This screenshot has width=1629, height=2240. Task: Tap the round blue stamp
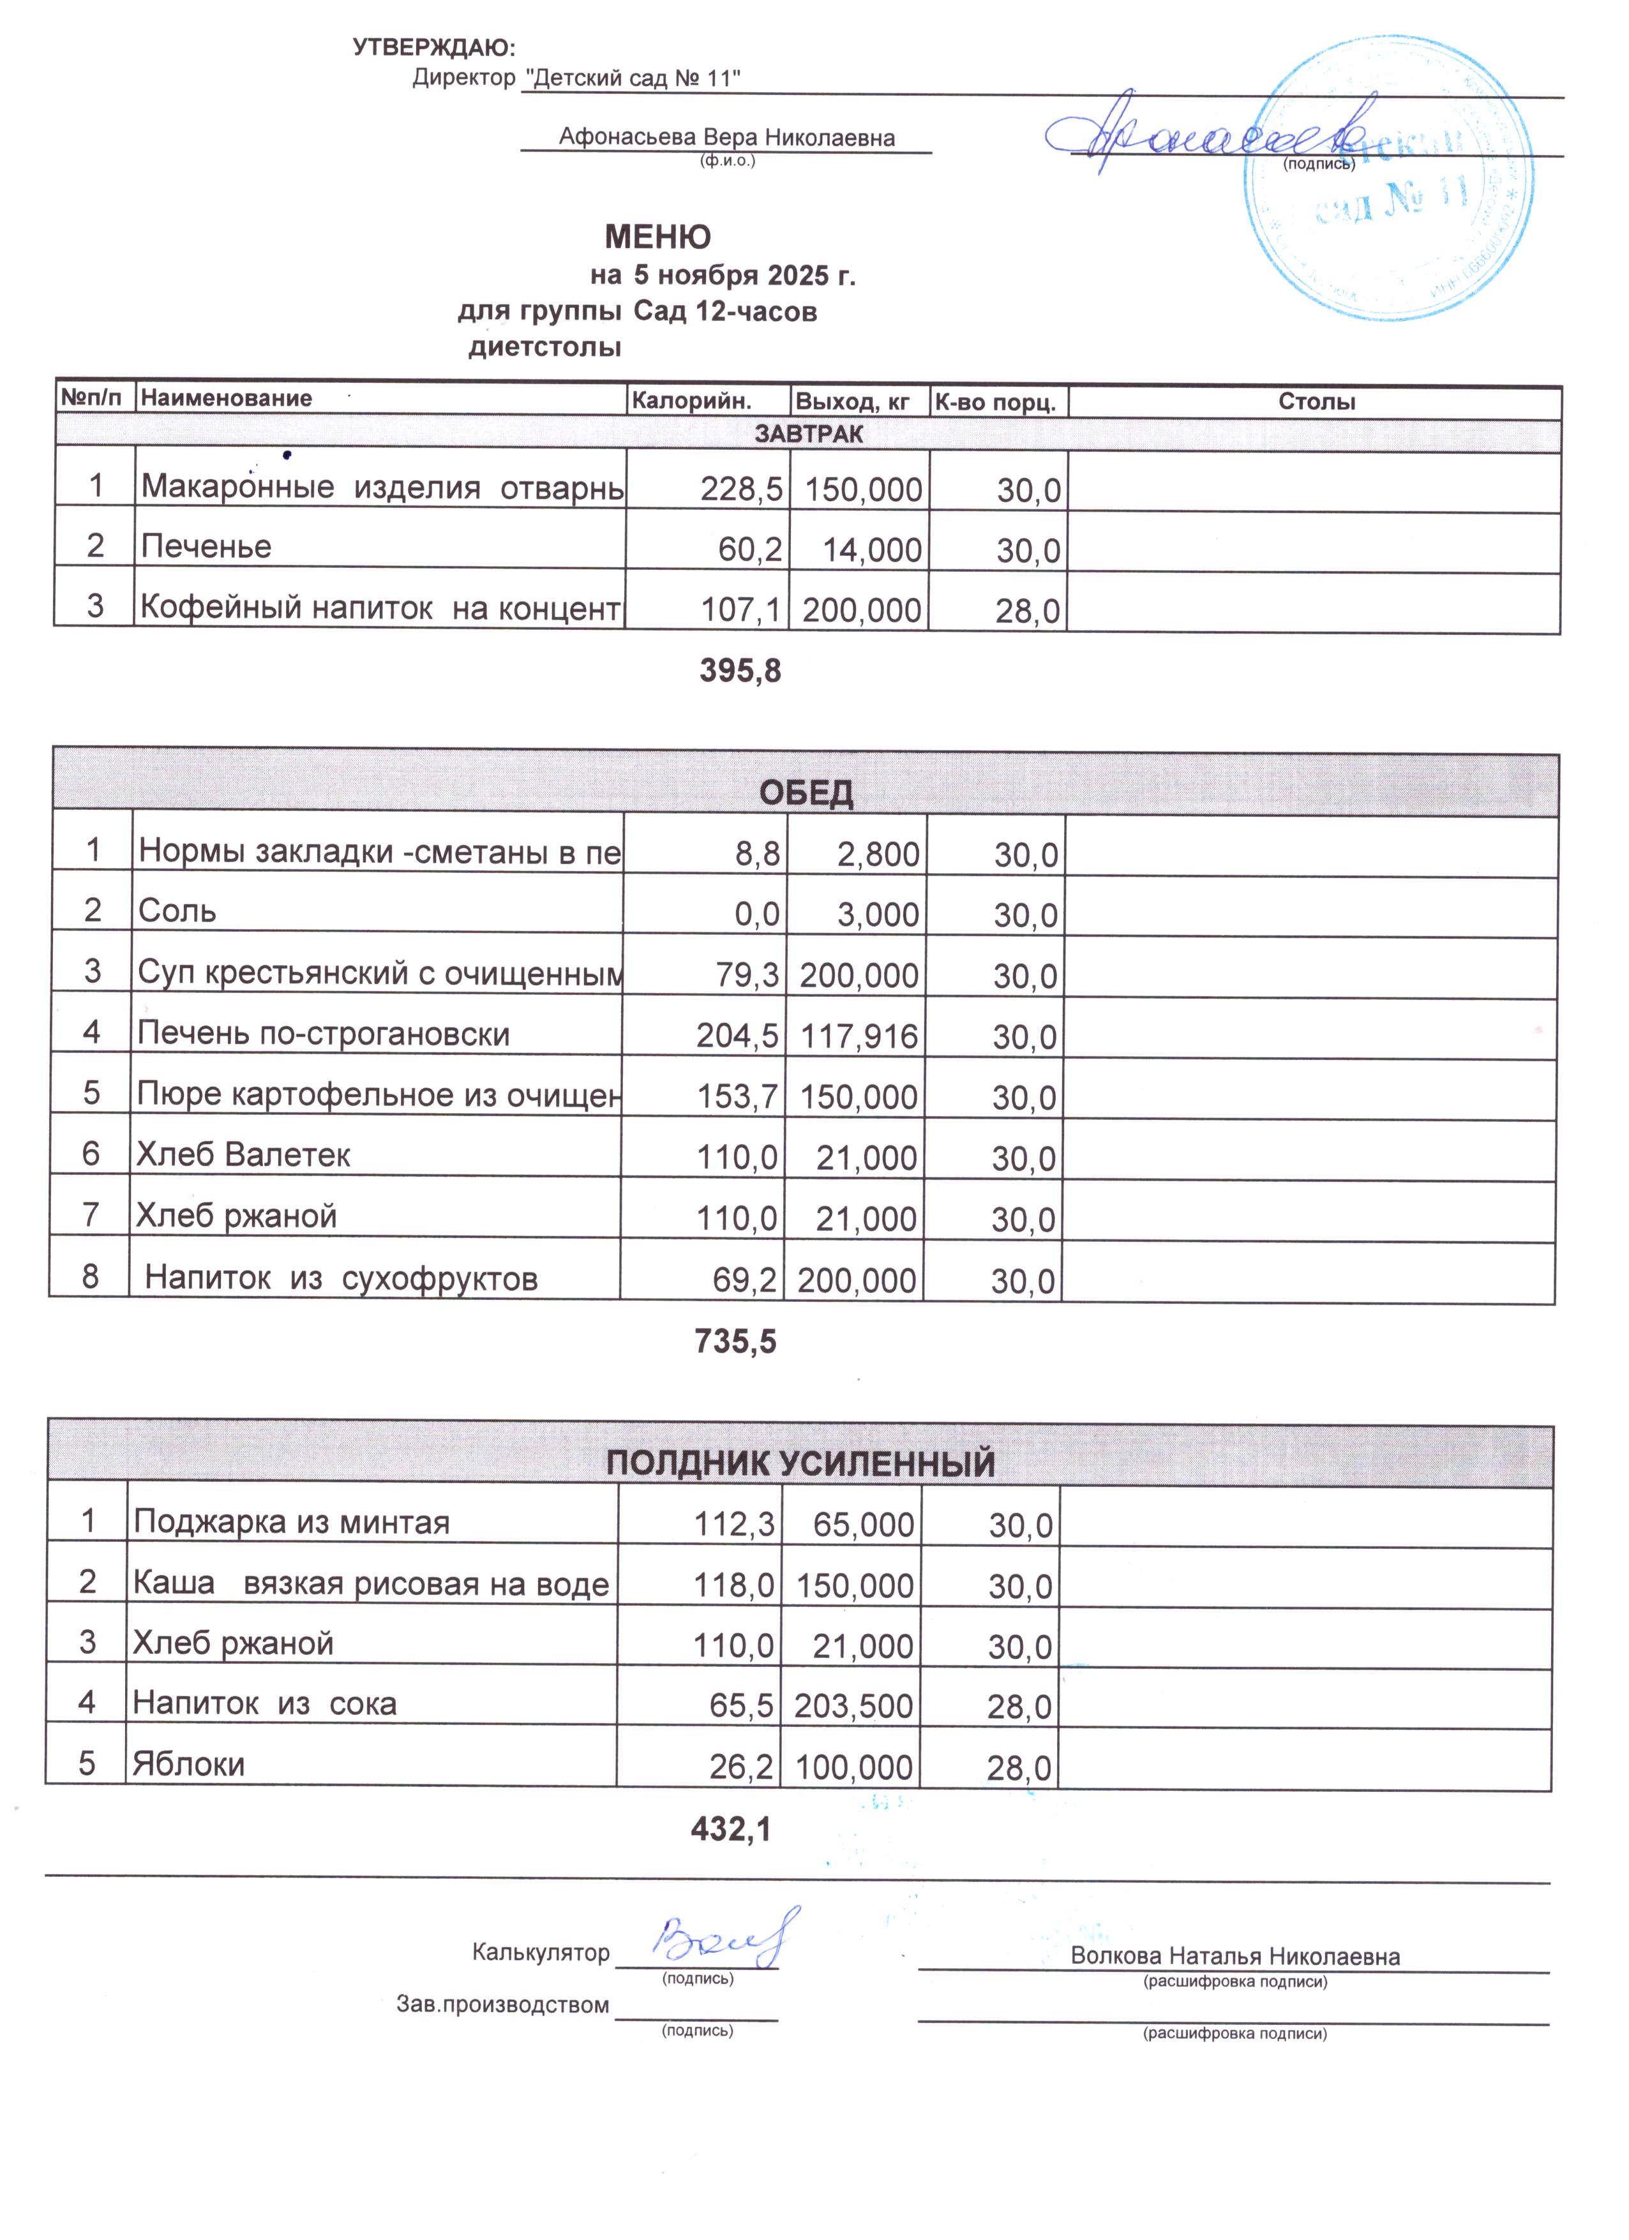tap(1388, 180)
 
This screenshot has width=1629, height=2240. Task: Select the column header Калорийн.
tap(691, 401)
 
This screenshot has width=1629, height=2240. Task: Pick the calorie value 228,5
tap(742, 489)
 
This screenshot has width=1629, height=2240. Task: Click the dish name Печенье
tap(206, 546)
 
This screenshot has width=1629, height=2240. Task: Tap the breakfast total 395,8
tap(740, 671)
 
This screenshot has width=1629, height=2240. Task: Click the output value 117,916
tap(859, 1036)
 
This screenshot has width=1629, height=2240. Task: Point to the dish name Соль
tap(178, 911)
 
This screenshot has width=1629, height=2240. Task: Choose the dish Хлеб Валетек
tap(243, 1154)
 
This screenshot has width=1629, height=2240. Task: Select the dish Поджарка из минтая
tap(292, 1522)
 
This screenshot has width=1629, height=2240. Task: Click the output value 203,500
tap(853, 1706)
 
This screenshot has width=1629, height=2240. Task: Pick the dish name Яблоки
tap(189, 1764)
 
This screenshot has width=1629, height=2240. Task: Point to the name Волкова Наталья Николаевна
tap(1235, 1957)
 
